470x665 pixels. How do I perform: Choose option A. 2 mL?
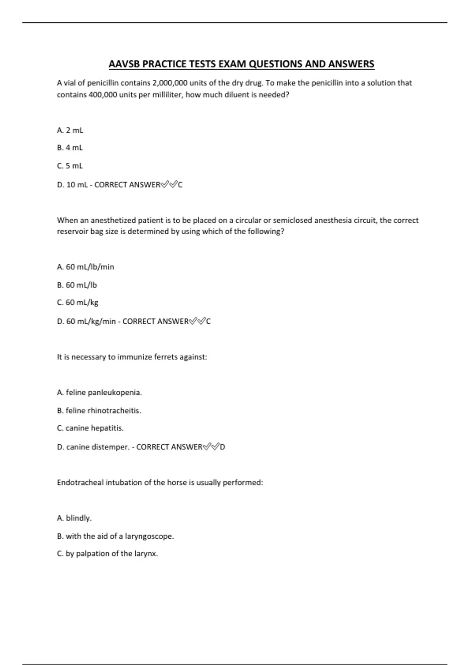70,130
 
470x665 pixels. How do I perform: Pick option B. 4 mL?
70,148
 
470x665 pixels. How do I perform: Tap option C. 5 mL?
70,166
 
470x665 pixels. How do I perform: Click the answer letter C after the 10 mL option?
180,185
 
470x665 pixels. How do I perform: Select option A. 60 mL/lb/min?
85,267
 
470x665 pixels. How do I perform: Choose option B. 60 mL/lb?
77,285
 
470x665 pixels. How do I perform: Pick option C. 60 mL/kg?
78,302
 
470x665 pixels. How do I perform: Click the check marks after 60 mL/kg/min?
197,322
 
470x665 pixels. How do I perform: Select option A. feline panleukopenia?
99,392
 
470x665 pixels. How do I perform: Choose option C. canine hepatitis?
90,428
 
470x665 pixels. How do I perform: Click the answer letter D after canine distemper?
222,447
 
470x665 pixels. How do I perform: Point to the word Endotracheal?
79,483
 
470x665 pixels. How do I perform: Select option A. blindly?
74,518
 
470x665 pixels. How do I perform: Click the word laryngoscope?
149,536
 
